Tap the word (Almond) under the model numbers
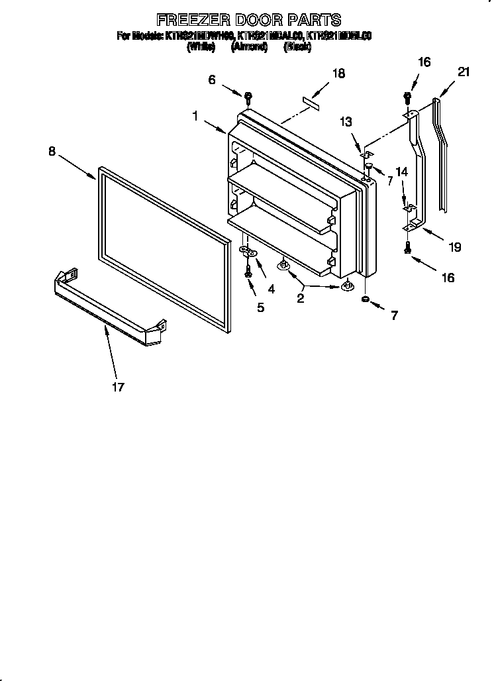pyautogui.click(x=249, y=47)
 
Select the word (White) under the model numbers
pyautogui.click(x=201, y=47)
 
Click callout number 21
pyautogui.click(x=464, y=72)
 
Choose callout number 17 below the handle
pyautogui.click(x=117, y=387)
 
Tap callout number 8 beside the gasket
pyautogui.click(x=52, y=151)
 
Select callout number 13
pyautogui.click(x=346, y=122)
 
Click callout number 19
pyautogui.click(x=454, y=248)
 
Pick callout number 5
pyautogui.click(x=260, y=307)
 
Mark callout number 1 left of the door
pyautogui.click(x=195, y=116)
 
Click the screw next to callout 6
pyautogui.click(x=248, y=97)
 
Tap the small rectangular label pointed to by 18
pyautogui.click(x=311, y=101)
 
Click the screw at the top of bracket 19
pyautogui.click(x=408, y=99)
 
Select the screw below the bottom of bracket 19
pyautogui.click(x=408, y=248)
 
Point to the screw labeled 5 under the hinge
pyautogui.click(x=248, y=272)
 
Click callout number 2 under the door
pyautogui.click(x=300, y=299)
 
